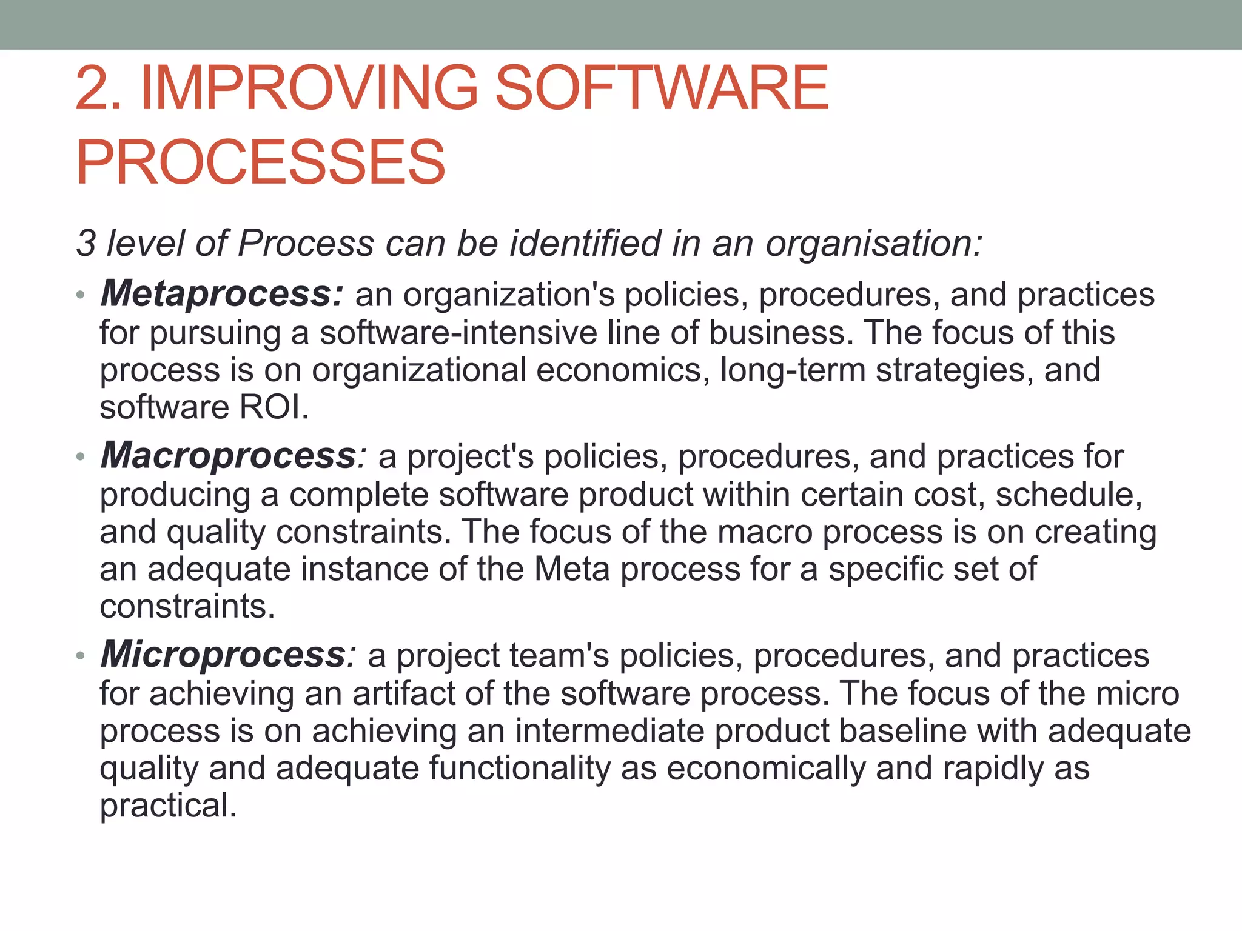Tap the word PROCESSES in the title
tap(261, 162)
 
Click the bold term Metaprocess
tap(222, 294)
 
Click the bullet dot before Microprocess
tap(81, 656)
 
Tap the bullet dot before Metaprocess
tap(81, 295)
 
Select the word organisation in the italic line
tap(873, 244)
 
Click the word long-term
tap(793, 370)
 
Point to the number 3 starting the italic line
tap(86, 244)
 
